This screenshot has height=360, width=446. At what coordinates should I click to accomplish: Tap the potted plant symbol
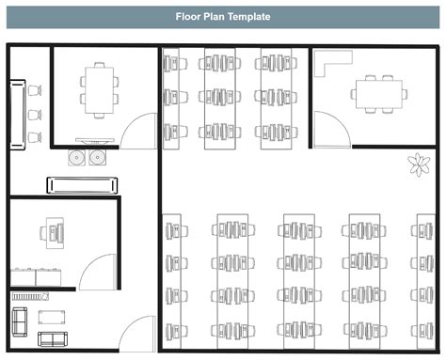(x=416, y=165)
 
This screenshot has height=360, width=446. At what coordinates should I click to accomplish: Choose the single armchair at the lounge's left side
(x=18, y=321)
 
